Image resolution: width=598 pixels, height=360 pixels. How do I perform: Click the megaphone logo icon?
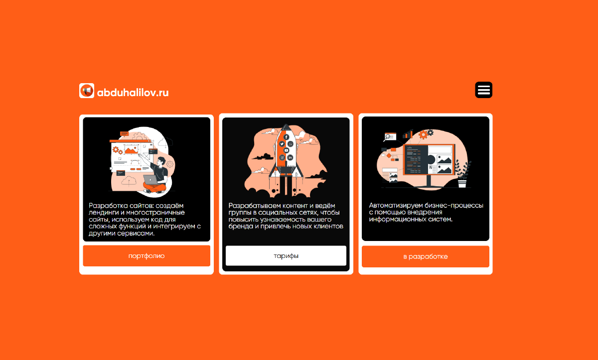coord(87,91)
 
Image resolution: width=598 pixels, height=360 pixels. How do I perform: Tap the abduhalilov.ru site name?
coord(133,93)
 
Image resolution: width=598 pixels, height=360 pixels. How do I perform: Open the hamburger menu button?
coord(483,90)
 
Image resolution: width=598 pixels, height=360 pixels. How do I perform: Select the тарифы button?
coord(286,256)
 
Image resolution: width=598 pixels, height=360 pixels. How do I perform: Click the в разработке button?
coord(425,256)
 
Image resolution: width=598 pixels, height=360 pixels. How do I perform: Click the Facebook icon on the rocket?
coord(286,137)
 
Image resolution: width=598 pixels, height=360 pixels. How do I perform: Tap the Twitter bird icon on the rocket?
coord(282,144)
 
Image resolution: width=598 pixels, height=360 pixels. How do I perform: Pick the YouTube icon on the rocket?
coord(286,150)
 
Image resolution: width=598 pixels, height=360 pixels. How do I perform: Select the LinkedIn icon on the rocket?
coord(290,158)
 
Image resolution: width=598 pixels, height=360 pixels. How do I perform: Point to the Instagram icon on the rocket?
coord(282,158)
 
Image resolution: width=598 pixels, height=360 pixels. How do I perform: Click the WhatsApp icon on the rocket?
coord(291,144)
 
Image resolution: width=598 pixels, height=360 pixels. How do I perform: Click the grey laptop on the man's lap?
coord(150,180)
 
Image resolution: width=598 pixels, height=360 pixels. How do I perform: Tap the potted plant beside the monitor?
coord(462,174)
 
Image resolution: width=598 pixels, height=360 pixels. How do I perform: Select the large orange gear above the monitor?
coord(423,134)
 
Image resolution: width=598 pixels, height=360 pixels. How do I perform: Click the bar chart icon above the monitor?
coord(408,134)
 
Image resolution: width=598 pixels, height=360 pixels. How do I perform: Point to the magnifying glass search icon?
coord(387,137)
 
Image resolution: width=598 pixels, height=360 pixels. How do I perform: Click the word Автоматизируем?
coord(396,205)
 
